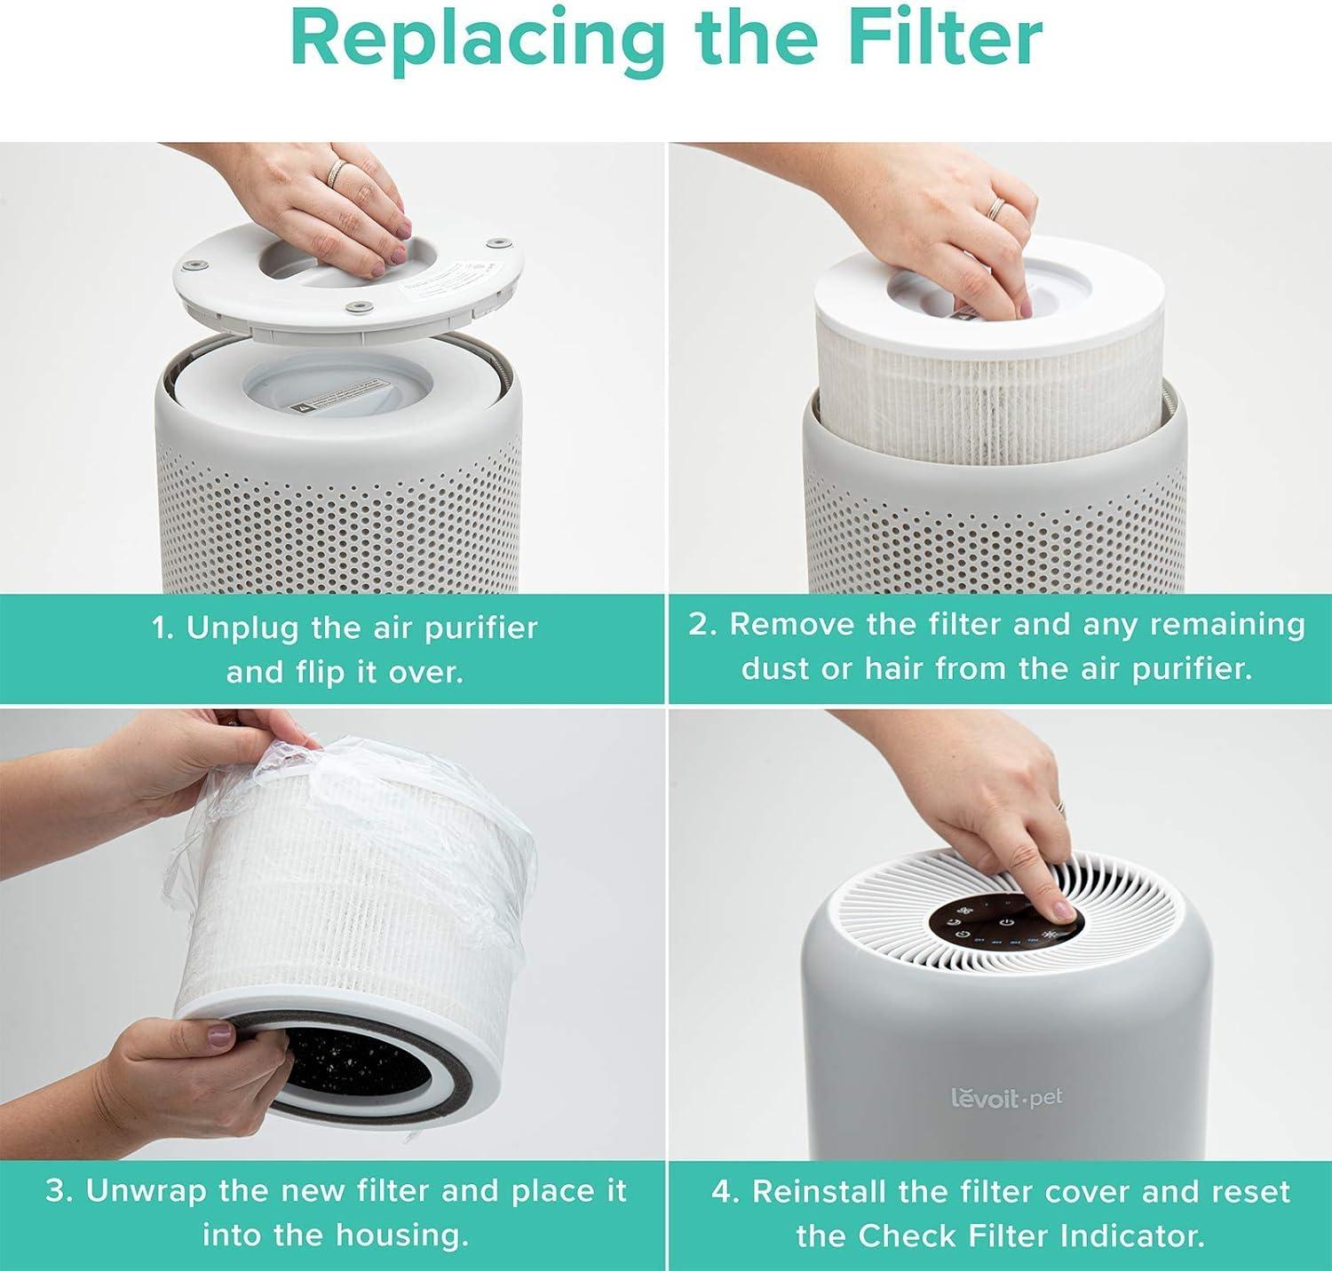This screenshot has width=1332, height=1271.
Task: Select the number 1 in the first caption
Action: pos(161,628)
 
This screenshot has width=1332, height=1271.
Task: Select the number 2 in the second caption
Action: pos(702,625)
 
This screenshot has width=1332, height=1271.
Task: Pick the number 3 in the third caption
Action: pos(58,1191)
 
